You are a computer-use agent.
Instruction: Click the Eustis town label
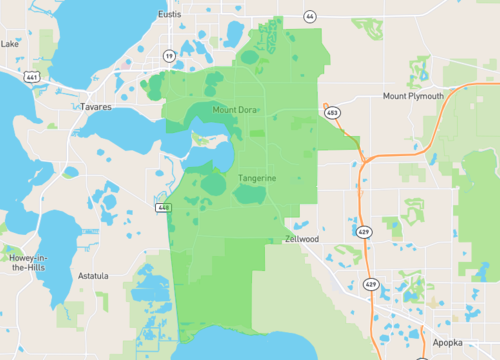[x=169, y=15]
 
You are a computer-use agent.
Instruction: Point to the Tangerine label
[x=257, y=179]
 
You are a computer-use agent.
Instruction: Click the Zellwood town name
[x=301, y=240]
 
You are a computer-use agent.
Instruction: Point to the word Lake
[x=10, y=44]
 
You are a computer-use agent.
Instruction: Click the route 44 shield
[x=310, y=17]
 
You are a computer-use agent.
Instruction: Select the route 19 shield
[x=169, y=56]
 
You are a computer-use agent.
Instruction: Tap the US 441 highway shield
[x=33, y=77]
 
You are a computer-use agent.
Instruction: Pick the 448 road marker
[x=162, y=207]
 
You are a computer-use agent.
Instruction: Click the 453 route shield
[x=332, y=114]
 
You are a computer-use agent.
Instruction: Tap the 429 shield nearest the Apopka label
[x=371, y=285]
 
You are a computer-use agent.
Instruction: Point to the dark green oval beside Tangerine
[x=215, y=184]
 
